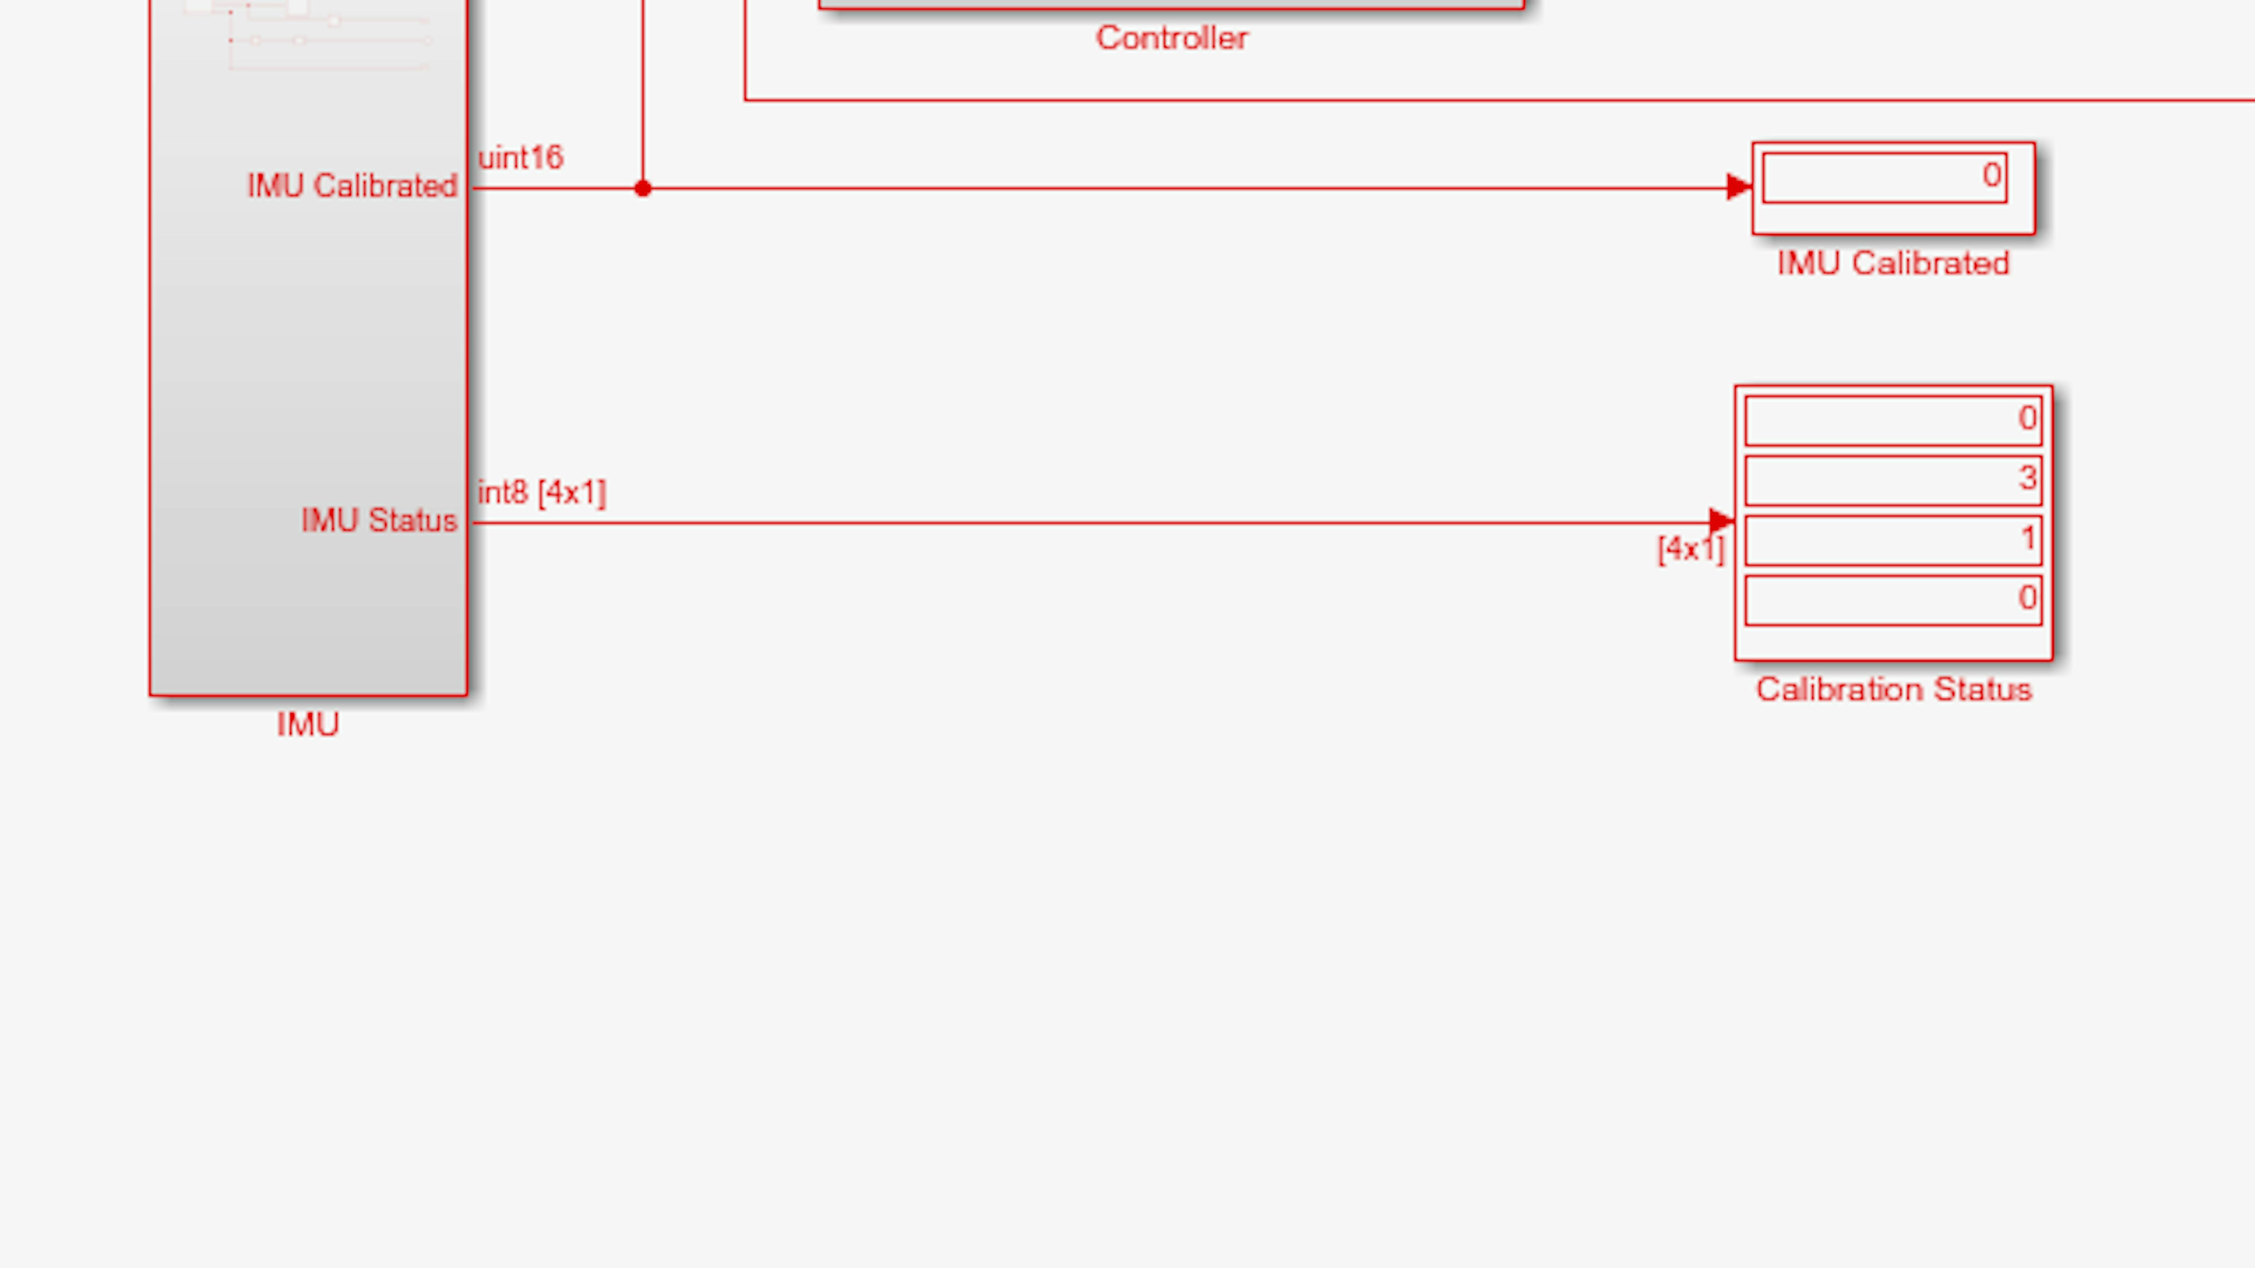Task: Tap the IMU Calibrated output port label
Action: [x=352, y=186]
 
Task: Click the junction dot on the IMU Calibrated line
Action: [x=643, y=188]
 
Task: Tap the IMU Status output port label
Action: [x=379, y=521]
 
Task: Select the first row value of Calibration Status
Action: [x=2027, y=418]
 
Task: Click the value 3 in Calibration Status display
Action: [x=2027, y=478]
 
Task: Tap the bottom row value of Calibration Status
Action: [x=2027, y=598]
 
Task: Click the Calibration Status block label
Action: [x=1893, y=689]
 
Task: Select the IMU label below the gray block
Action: [x=307, y=725]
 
